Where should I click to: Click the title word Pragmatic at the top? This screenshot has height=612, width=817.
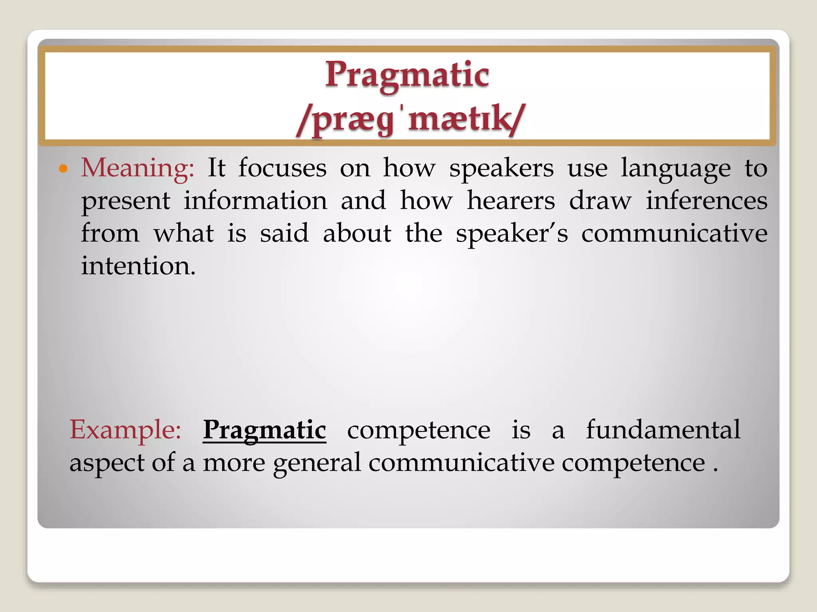(407, 75)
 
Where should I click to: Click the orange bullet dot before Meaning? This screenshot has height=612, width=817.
(63, 169)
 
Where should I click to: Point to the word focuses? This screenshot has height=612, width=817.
(282, 168)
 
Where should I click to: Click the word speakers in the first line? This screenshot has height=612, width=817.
(501, 169)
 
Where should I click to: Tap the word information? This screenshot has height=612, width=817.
(255, 200)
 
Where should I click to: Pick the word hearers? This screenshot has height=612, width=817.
(511, 200)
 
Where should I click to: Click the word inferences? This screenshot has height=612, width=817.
(706, 200)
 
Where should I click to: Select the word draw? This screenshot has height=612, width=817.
(600, 200)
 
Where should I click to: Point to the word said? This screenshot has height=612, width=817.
(284, 233)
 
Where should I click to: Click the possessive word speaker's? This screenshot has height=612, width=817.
(512, 234)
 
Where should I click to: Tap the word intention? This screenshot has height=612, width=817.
(138, 266)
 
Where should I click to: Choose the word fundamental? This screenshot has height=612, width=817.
(663, 430)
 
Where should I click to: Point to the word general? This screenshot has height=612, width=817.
(317, 463)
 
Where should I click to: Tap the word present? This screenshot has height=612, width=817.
(126, 201)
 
